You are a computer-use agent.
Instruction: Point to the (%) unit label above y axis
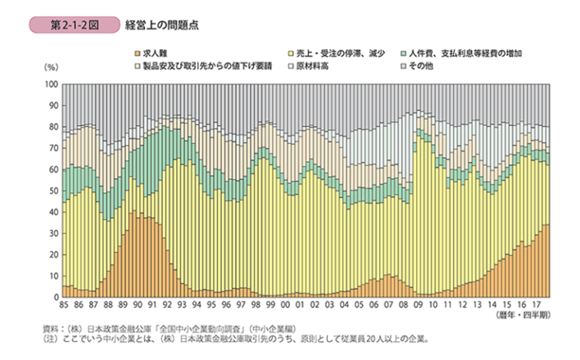pos(51,69)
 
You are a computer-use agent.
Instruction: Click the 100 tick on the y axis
pos(51,85)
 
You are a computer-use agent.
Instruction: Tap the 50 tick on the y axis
pos(52,191)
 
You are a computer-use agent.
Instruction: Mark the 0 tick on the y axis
pos(54,297)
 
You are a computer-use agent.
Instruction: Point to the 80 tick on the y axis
pos(52,127)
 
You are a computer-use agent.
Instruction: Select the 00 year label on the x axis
pos(285,304)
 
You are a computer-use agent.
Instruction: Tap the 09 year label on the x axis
pos(417,304)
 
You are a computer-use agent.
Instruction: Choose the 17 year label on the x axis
pos(534,304)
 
